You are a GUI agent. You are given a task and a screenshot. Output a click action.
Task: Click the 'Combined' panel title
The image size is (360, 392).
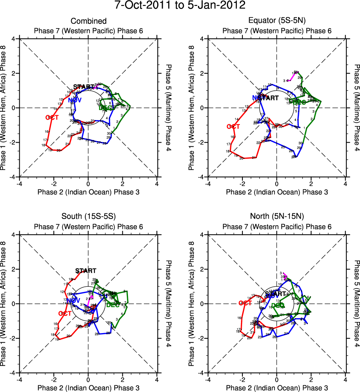(x=88, y=21)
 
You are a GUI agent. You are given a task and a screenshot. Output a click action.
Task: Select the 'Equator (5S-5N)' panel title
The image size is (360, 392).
(x=277, y=21)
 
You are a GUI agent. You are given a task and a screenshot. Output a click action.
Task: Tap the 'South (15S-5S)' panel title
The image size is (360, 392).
(x=88, y=217)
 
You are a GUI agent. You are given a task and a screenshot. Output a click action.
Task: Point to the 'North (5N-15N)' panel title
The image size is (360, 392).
(x=277, y=217)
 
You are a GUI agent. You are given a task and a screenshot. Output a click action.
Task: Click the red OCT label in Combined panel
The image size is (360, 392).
(x=53, y=117)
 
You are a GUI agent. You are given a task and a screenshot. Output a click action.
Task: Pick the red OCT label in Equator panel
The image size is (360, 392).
(x=233, y=127)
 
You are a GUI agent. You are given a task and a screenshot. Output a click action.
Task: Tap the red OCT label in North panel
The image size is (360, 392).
(x=245, y=303)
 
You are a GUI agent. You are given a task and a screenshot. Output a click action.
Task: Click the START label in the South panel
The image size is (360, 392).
(x=86, y=271)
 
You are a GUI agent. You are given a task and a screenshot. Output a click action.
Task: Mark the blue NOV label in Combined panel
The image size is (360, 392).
(x=75, y=100)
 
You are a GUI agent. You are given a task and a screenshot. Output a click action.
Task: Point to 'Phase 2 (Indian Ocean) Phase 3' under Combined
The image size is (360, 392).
(x=88, y=192)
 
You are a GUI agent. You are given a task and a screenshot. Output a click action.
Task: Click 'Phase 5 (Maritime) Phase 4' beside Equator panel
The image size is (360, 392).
(x=357, y=108)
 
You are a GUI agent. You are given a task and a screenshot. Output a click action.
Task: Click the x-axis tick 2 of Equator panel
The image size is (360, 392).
(x=311, y=183)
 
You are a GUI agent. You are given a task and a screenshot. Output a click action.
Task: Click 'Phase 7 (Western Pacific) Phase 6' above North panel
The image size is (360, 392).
(x=277, y=227)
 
